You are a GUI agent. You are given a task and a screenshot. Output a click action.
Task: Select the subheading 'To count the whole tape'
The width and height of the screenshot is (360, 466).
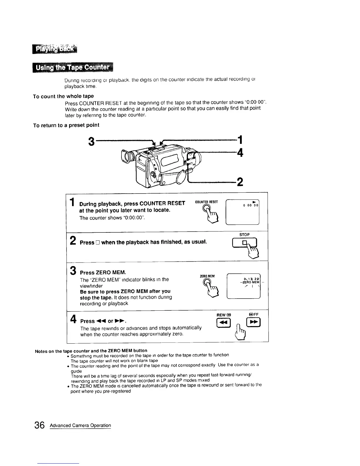[63, 96]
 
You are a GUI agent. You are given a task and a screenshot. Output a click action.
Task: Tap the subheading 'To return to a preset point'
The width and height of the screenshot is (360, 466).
[66, 125]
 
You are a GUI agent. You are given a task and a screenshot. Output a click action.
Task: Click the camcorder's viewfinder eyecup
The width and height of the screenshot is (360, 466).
[127, 157]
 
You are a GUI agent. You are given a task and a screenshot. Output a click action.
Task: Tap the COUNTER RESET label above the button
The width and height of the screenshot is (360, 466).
[206, 202]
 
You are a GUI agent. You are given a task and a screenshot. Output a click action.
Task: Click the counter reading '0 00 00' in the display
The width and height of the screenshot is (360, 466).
[251, 205]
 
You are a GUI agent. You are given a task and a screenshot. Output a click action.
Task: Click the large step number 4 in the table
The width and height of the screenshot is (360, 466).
[74, 319]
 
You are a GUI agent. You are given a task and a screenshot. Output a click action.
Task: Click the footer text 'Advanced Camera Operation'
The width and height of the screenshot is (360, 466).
[80, 425]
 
